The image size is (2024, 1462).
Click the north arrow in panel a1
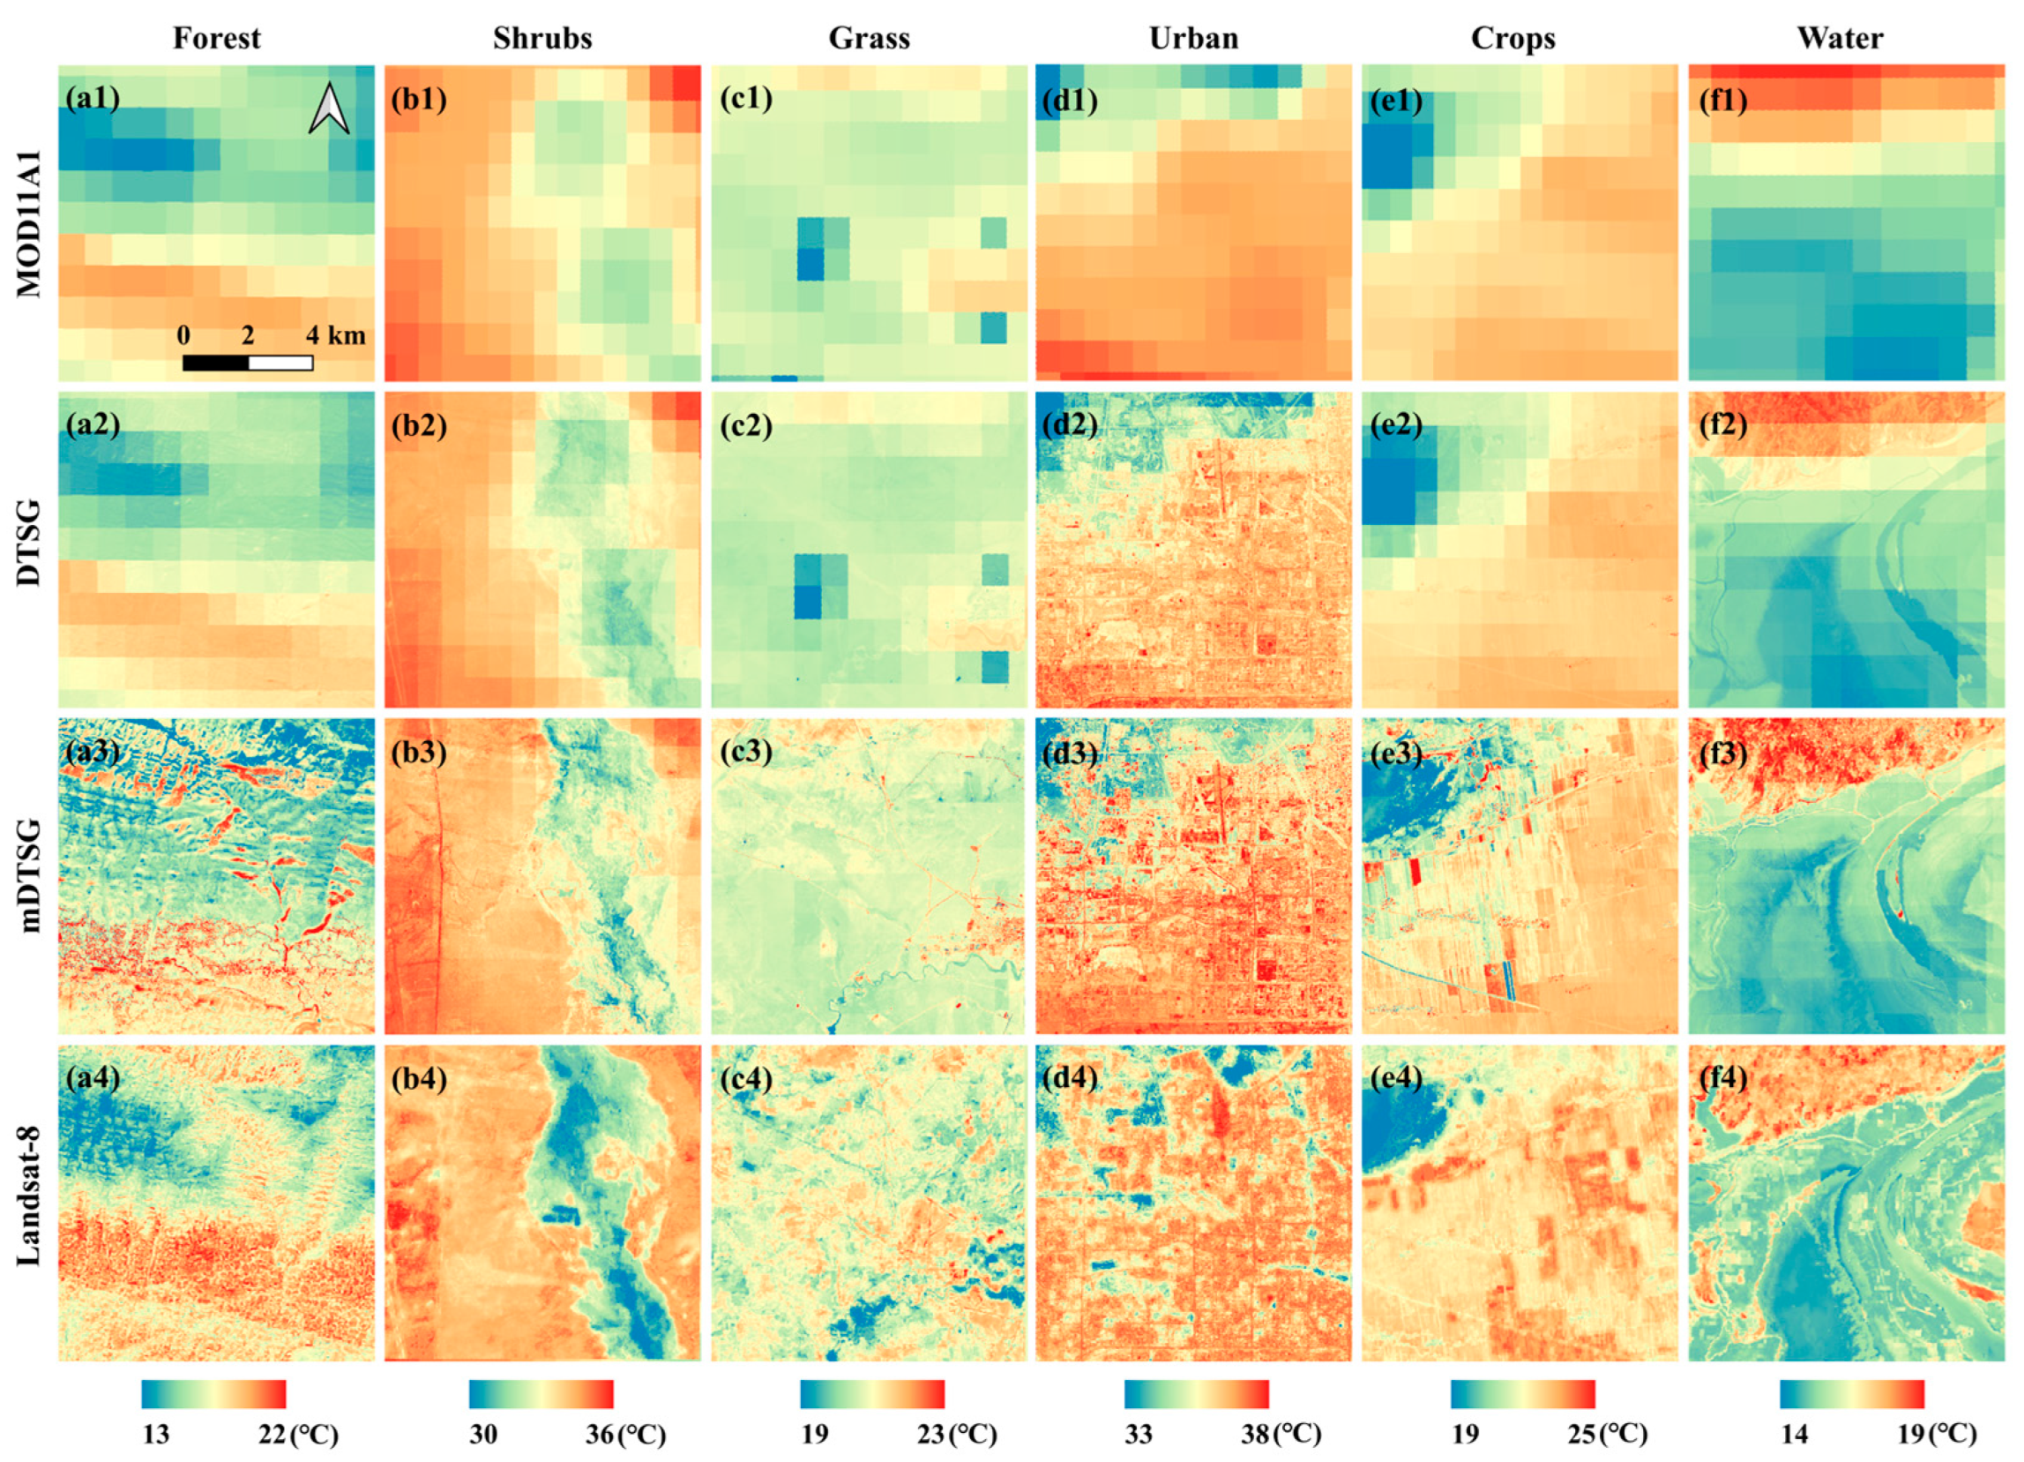click(328, 109)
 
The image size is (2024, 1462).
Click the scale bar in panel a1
click(247, 363)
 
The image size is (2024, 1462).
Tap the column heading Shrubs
click(541, 38)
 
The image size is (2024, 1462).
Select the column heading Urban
click(1193, 38)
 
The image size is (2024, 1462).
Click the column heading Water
click(1841, 38)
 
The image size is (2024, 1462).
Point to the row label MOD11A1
click(28, 223)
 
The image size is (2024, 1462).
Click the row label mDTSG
click(28, 875)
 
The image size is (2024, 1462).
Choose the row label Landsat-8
click(28, 1203)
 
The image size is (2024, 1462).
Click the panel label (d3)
click(1070, 753)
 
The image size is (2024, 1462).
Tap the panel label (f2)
click(1722, 425)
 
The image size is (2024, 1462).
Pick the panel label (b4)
click(419, 1079)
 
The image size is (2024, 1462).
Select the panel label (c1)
click(745, 98)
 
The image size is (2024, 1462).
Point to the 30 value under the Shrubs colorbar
click(482, 1435)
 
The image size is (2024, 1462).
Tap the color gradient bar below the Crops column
click(1521, 1394)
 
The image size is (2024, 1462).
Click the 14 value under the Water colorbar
click(1794, 1435)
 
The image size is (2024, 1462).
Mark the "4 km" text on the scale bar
click(335, 335)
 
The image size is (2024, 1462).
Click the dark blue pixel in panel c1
click(810, 264)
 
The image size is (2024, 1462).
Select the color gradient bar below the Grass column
click(871, 1394)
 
